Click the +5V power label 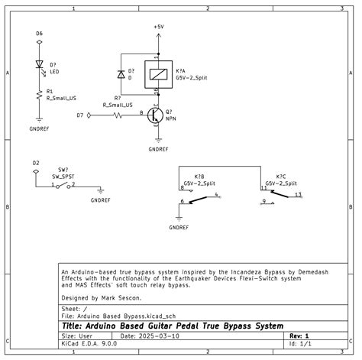click(158, 26)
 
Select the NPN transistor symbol click(155, 115)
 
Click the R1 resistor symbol click(40, 94)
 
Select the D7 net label click(80, 115)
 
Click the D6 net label click(40, 34)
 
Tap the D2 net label click(35, 163)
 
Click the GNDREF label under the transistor click(158, 149)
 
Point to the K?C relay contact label click(281, 177)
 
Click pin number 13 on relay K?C click(298, 196)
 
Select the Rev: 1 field click(297, 336)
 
